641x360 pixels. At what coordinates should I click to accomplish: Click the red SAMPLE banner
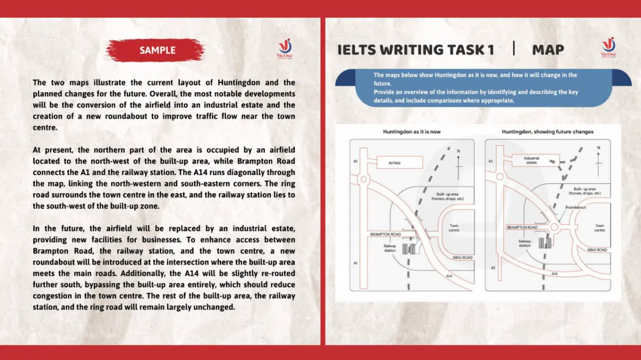157,50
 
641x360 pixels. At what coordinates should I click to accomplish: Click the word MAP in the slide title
548,50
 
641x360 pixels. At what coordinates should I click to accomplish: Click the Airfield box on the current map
400,162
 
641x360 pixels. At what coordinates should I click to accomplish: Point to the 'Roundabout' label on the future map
575,207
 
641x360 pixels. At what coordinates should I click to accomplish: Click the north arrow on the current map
458,161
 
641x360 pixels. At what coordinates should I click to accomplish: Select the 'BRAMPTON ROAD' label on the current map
386,234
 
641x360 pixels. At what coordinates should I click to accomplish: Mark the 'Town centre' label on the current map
454,228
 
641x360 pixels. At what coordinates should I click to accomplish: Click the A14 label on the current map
449,276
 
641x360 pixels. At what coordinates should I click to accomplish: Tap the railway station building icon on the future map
545,242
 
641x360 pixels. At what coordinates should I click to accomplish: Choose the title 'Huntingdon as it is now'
411,132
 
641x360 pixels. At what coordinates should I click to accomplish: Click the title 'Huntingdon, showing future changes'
547,132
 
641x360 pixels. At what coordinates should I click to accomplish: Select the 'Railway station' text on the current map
390,248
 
